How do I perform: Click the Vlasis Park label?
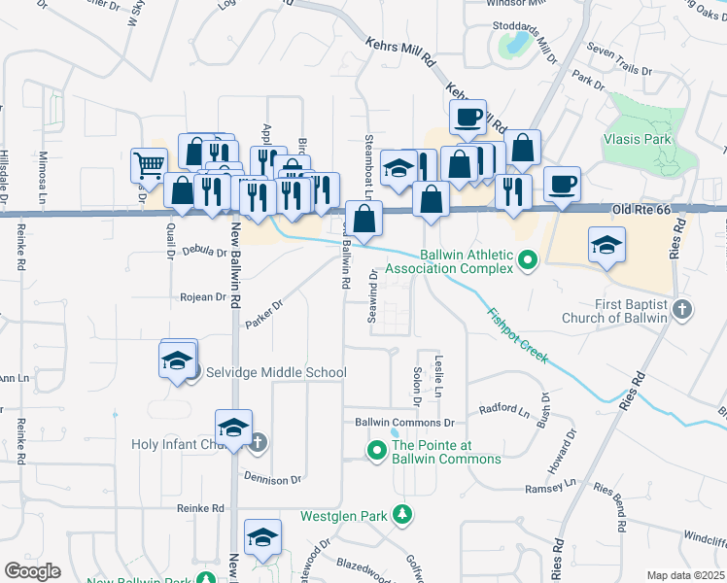(x=637, y=140)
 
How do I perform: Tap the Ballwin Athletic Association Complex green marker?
(x=527, y=259)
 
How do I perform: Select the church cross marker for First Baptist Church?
(x=682, y=310)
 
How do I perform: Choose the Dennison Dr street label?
(x=273, y=480)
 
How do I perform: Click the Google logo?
(x=32, y=571)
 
